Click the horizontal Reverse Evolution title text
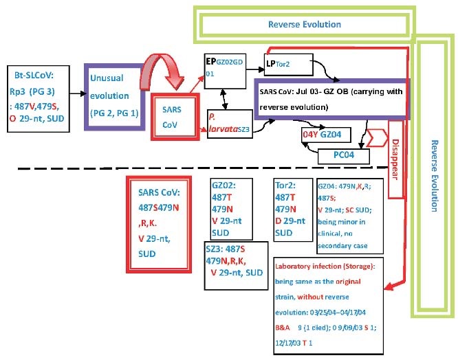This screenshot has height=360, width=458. (305, 24)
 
